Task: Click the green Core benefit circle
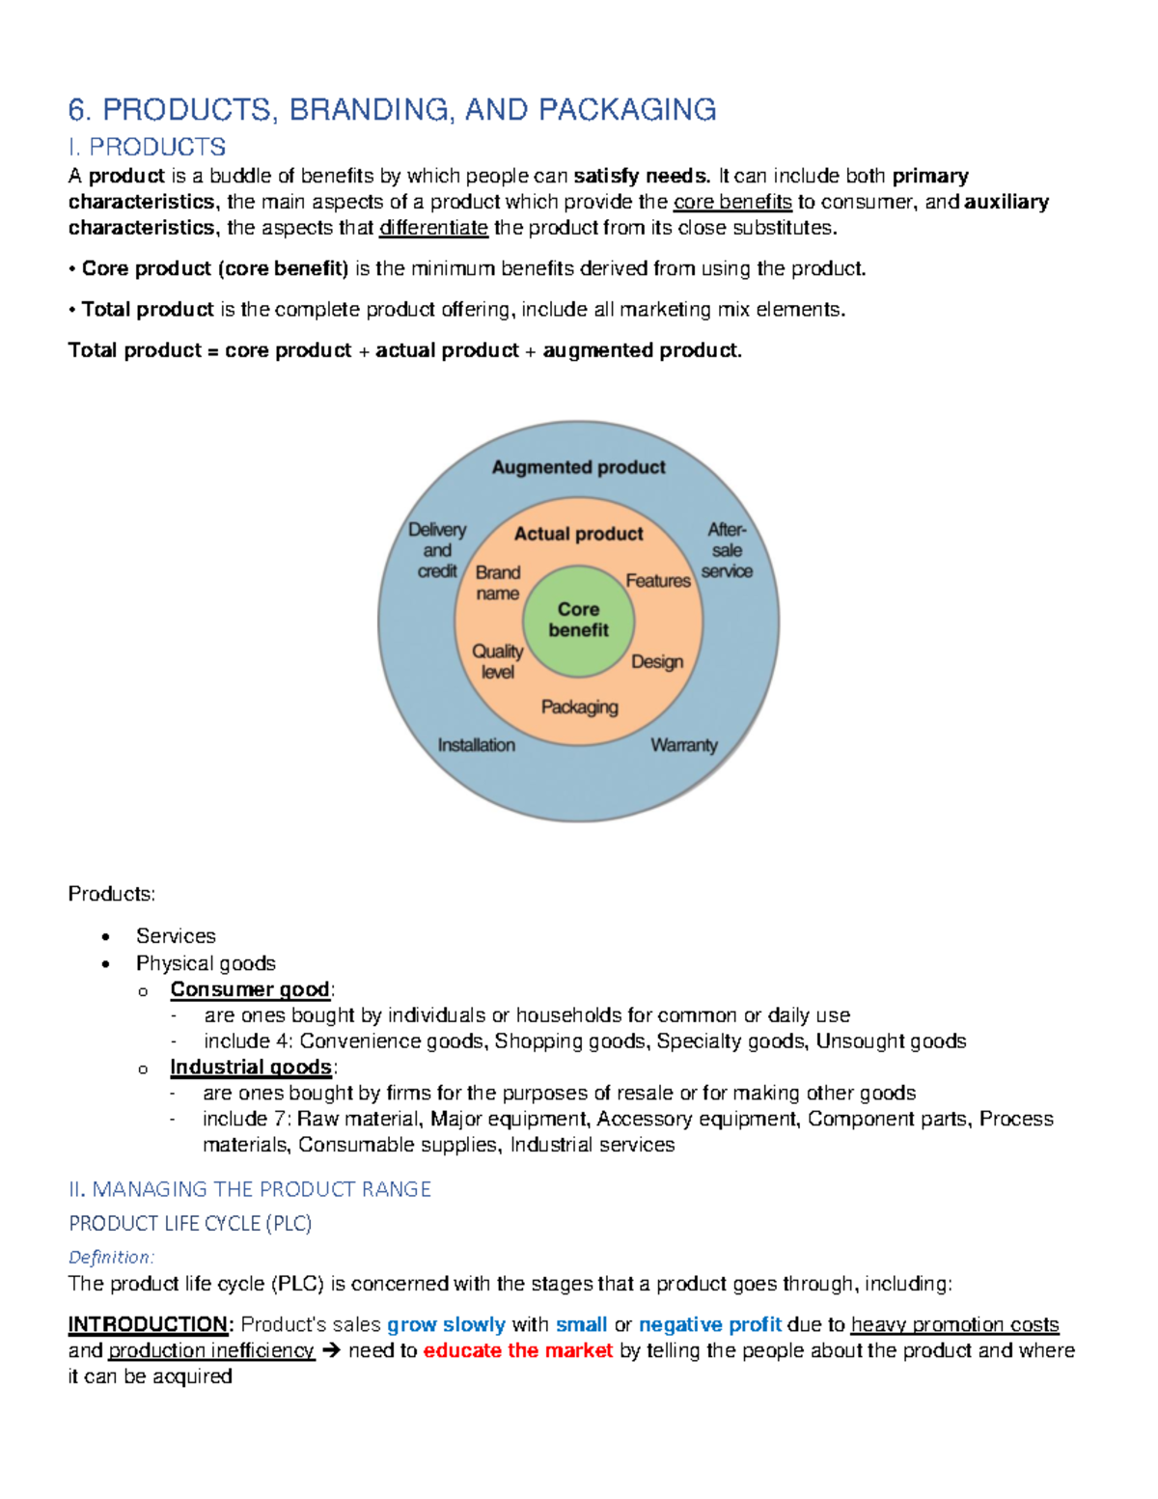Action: pyautogui.click(x=579, y=620)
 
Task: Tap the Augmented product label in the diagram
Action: pyautogui.click(x=578, y=467)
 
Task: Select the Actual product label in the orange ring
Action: pyautogui.click(x=578, y=534)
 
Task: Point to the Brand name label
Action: pyautogui.click(x=498, y=583)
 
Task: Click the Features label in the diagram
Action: pyautogui.click(x=658, y=581)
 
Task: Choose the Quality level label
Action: pyautogui.click(x=498, y=661)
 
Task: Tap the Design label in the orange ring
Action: pyautogui.click(x=657, y=662)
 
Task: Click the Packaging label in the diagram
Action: pyautogui.click(x=579, y=708)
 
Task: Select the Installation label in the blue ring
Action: pyautogui.click(x=476, y=745)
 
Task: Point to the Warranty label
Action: pyautogui.click(x=684, y=745)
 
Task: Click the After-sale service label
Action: pyautogui.click(x=727, y=550)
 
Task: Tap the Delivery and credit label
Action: pyautogui.click(x=437, y=550)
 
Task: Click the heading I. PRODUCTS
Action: pyautogui.click(x=147, y=148)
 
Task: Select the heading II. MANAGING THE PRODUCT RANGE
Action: pyautogui.click(x=250, y=1189)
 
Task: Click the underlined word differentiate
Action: pyautogui.click(x=433, y=229)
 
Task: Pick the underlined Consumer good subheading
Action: pyautogui.click(x=250, y=989)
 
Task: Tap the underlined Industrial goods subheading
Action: pyautogui.click(x=251, y=1068)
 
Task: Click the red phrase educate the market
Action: pyautogui.click(x=518, y=1350)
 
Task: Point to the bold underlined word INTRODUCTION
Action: pyautogui.click(x=148, y=1324)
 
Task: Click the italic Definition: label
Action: pyautogui.click(x=111, y=1257)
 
